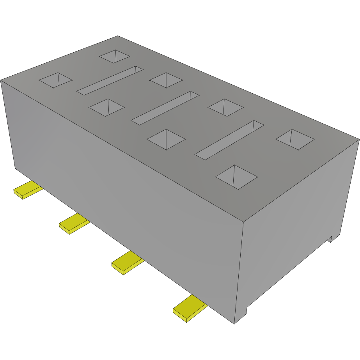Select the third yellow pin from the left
(x=127, y=263)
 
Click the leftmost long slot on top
(x=110, y=80)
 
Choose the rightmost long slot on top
(x=230, y=140)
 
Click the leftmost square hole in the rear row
(x=114, y=56)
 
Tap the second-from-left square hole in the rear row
(x=166, y=80)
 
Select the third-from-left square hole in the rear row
(x=225, y=107)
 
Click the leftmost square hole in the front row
(x=55, y=80)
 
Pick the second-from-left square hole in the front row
(x=106, y=108)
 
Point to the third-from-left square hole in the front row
(x=166, y=139)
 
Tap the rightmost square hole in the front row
(x=236, y=177)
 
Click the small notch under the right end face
(x=331, y=238)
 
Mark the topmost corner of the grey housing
(x=117, y=36)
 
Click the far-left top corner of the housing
(x=1, y=80)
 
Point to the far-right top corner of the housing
(x=358, y=138)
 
